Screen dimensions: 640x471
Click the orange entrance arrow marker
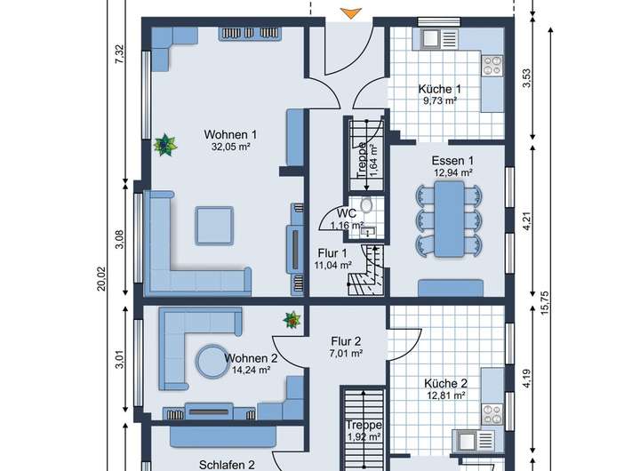350,13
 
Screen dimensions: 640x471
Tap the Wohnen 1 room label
230,134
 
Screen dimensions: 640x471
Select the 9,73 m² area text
440,100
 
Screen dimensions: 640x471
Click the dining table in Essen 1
449,220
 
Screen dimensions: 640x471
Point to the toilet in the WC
366,205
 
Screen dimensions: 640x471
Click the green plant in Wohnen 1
165,145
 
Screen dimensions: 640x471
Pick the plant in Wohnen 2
292,320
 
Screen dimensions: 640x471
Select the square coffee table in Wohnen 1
215,226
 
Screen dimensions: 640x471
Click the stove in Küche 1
492,66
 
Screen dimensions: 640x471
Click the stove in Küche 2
492,414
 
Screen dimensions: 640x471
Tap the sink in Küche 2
475,441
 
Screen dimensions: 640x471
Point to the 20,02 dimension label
100,279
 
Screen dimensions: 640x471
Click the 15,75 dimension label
545,303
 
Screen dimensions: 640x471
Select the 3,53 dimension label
527,78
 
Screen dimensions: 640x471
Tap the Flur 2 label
346,341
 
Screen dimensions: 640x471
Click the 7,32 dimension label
119,54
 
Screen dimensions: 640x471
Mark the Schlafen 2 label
227,465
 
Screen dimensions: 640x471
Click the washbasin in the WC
366,232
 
